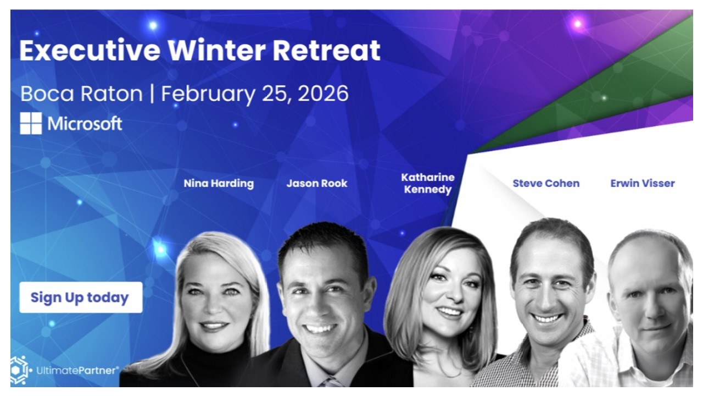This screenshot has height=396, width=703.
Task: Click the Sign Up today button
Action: click(x=81, y=298)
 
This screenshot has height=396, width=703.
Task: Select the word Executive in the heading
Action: click(x=90, y=51)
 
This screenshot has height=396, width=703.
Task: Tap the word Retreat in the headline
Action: click(x=326, y=51)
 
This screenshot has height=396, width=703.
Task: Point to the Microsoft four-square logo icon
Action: click(x=31, y=124)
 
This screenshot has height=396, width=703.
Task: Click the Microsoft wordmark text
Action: click(x=85, y=124)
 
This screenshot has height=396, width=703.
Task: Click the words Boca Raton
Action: click(x=81, y=94)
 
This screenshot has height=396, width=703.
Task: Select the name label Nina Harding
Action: click(x=219, y=183)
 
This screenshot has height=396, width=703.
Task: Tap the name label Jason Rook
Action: click(x=317, y=183)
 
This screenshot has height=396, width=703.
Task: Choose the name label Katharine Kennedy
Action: click(x=428, y=184)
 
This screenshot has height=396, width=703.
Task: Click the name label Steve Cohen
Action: click(x=546, y=183)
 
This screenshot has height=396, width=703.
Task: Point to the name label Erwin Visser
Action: click(x=643, y=183)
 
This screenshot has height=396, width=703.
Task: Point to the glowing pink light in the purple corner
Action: click(x=577, y=24)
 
